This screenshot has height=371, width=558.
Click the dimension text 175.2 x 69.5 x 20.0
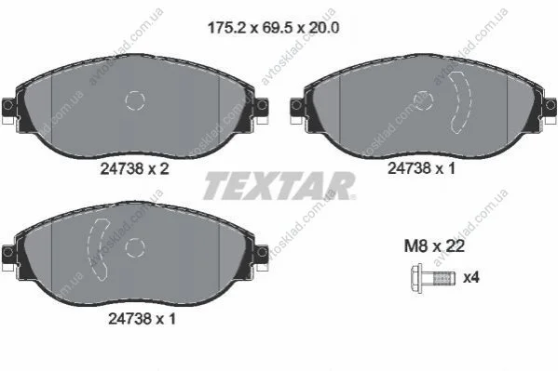point(273,28)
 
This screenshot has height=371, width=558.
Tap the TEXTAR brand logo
point(279,186)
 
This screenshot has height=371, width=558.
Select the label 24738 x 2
point(134,168)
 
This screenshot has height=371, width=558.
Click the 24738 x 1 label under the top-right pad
point(421,168)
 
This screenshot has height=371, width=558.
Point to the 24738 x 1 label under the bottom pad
point(142,319)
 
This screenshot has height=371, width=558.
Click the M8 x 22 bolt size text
point(434,245)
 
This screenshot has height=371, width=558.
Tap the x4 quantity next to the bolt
point(471,277)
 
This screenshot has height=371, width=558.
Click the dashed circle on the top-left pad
point(135,100)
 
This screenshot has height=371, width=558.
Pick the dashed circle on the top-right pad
point(424,100)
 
